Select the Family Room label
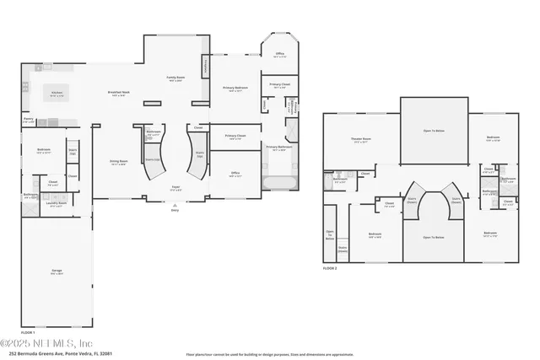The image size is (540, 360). point(175,78)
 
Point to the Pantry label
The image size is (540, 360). point(29,121)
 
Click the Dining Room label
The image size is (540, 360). point(118,162)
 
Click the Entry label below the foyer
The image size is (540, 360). point(175,210)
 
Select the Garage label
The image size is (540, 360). point(57,271)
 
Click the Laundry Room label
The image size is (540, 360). point(57,204)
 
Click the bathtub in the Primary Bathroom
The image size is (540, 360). point(279,181)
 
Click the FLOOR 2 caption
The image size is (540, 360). point(330,268)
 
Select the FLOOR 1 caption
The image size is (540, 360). point(29,334)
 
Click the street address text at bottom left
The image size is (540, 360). point(56,354)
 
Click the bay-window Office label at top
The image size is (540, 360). point(279,55)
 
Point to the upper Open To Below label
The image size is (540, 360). point(433,131)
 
